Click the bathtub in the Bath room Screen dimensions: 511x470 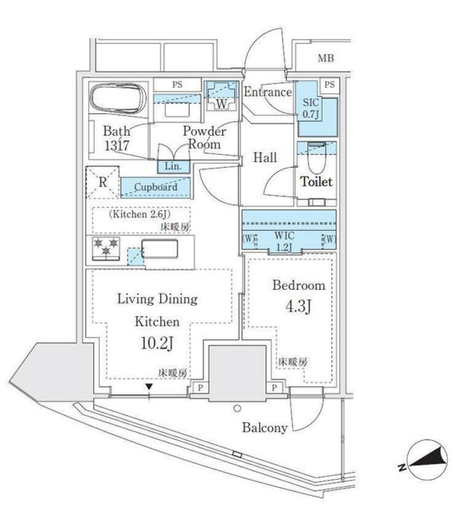[x=118, y=98]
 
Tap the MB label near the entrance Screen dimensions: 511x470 [x=326, y=59]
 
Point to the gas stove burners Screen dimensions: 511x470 [x=106, y=246]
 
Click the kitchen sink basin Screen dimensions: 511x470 [x=161, y=249]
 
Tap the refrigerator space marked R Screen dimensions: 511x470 [x=102, y=182]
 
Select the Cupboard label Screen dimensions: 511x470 [x=156, y=187]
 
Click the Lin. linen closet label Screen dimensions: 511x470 [x=173, y=166]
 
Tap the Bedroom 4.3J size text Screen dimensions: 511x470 [x=299, y=307]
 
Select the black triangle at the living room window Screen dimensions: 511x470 [x=149, y=388]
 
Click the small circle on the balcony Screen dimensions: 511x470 [x=237, y=408]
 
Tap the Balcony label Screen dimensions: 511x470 [x=264, y=428]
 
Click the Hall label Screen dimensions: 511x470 [x=264, y=157]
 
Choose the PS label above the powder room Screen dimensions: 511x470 [x=177, y=84]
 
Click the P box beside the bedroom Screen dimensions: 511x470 [x=274, y=388]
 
